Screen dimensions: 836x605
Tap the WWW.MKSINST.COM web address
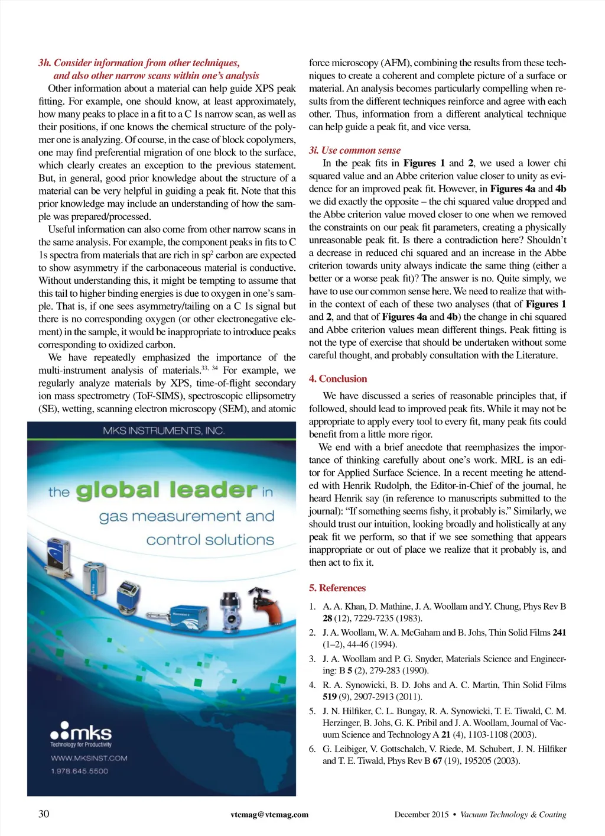pyautogui.click(x=89, y=758)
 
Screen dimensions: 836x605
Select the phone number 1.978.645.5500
pyautogui.click(x=79, y=771)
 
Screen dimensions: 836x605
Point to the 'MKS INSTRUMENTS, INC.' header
pyautogui.click(x=163, y=430)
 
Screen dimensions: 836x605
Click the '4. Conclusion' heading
pyautogui.click(x=338, y=379)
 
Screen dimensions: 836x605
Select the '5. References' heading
pyautogui.click(x=337, y=588)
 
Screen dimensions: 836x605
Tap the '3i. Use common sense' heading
pyautogui.click(x=354, y=150)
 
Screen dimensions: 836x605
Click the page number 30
pyautogui.click(x=44, y=814)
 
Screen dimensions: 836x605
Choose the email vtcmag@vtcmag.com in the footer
pyautogui.click(x=269, y=815)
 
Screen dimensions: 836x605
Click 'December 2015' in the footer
pyautogui.click(x=421, y=815)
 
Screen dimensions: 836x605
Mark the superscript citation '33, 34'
pyautogui.click(x=210, y=368)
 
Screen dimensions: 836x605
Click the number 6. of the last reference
pyautogui.click(x=313, y=749)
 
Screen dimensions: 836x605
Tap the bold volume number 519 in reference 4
pyautogui.click(x=330, y=697)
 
